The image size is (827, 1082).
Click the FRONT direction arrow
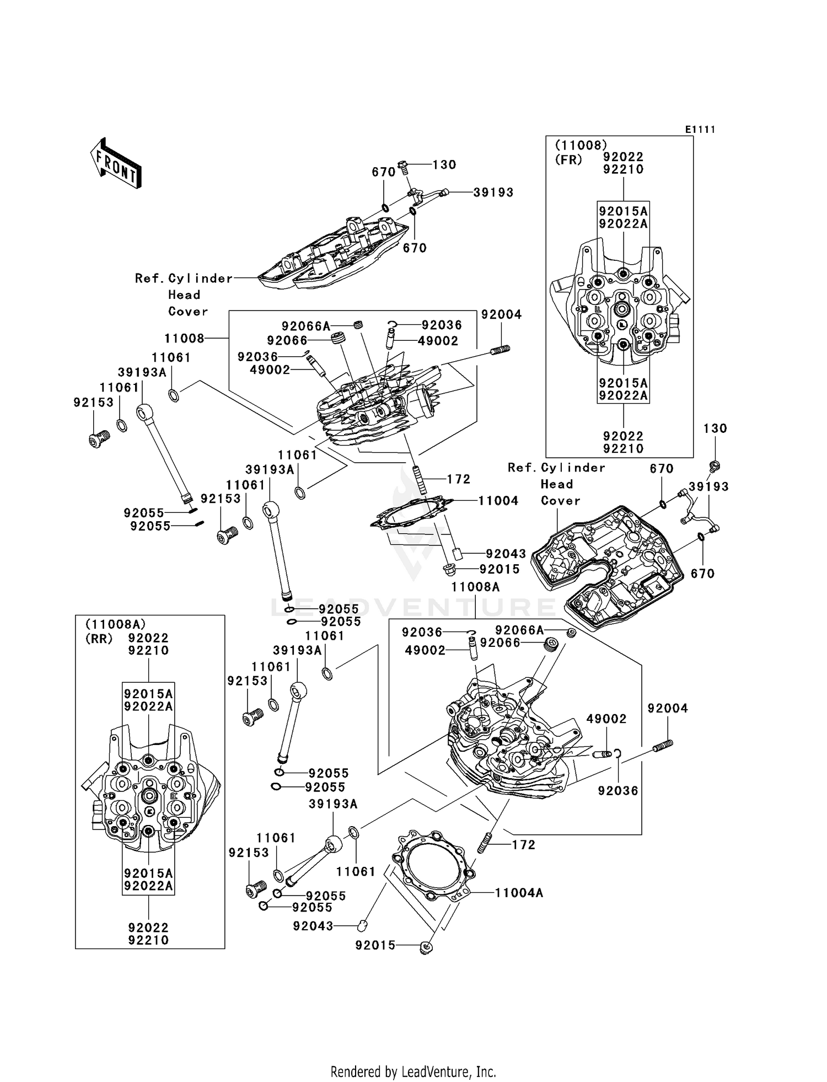pos(116,164)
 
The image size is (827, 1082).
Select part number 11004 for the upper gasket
pos(498,501)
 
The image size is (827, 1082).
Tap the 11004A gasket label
pos(519,892)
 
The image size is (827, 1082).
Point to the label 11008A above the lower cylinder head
pos(475,587)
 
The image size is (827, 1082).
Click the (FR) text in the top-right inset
pos(568,160)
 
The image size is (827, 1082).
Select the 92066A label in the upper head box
pos(306,326)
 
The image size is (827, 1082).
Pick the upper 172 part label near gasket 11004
pos(459,479)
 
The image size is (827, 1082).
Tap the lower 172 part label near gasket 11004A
pos(523,845)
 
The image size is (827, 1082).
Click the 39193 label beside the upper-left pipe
pos(493,192)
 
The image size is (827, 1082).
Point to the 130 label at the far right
pos(715,428)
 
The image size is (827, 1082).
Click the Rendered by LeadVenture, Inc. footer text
pos(413,1072)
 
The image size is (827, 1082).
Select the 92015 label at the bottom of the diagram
pos(375,946)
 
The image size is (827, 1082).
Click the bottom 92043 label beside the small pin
pos(313,926)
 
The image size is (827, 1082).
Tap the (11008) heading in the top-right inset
pos(581,145)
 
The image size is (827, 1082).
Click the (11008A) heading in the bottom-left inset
pos(115,624)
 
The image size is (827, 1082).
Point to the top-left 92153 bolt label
pos(93,403)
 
